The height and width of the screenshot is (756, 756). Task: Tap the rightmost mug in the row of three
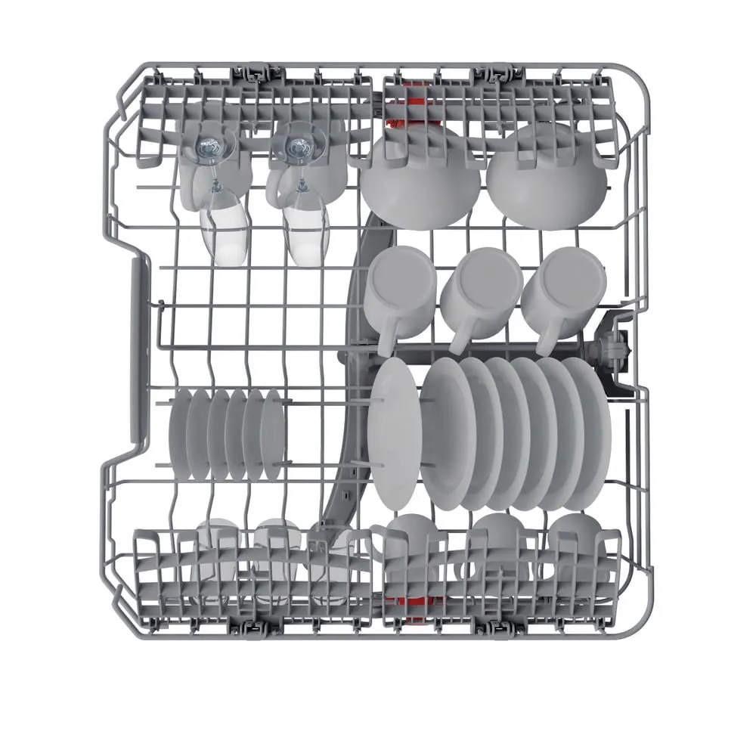click(x=564, y=286)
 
